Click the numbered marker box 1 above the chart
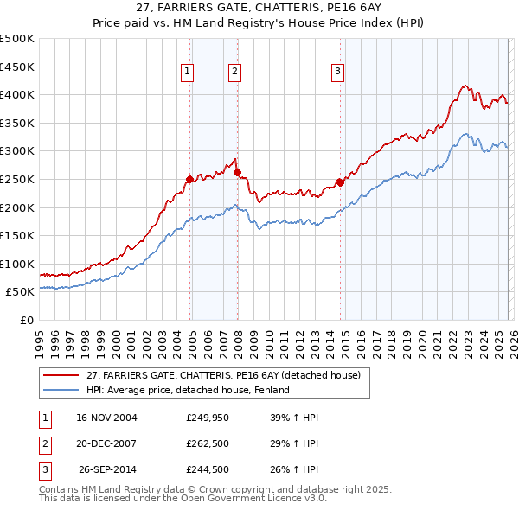tap(188, 73)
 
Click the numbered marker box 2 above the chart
tap(234, 73)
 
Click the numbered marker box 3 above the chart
tap(337, 73)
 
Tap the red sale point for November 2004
tap(190, 179)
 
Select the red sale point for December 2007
tap(237, 172)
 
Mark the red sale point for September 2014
tap(340, 182)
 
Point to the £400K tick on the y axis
tap(17, 95)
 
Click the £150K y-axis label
tap(17, 235)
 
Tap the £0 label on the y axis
tap(26, 320)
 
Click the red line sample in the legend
tap(61, 375)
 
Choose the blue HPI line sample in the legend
tap(61, 390)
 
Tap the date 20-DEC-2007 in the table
tap(106, 443)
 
